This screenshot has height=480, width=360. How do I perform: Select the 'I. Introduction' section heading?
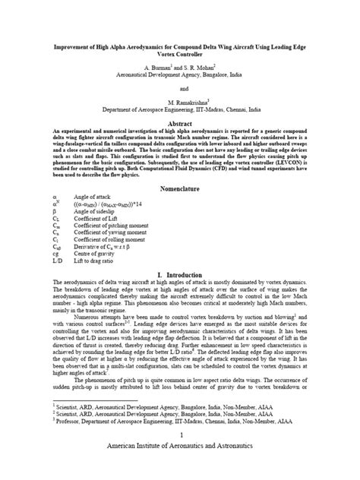click(x=179, y=273)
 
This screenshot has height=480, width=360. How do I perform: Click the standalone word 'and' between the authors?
click(x=180, y=87)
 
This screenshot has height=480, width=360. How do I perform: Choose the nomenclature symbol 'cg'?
click(x=36, y=254)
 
